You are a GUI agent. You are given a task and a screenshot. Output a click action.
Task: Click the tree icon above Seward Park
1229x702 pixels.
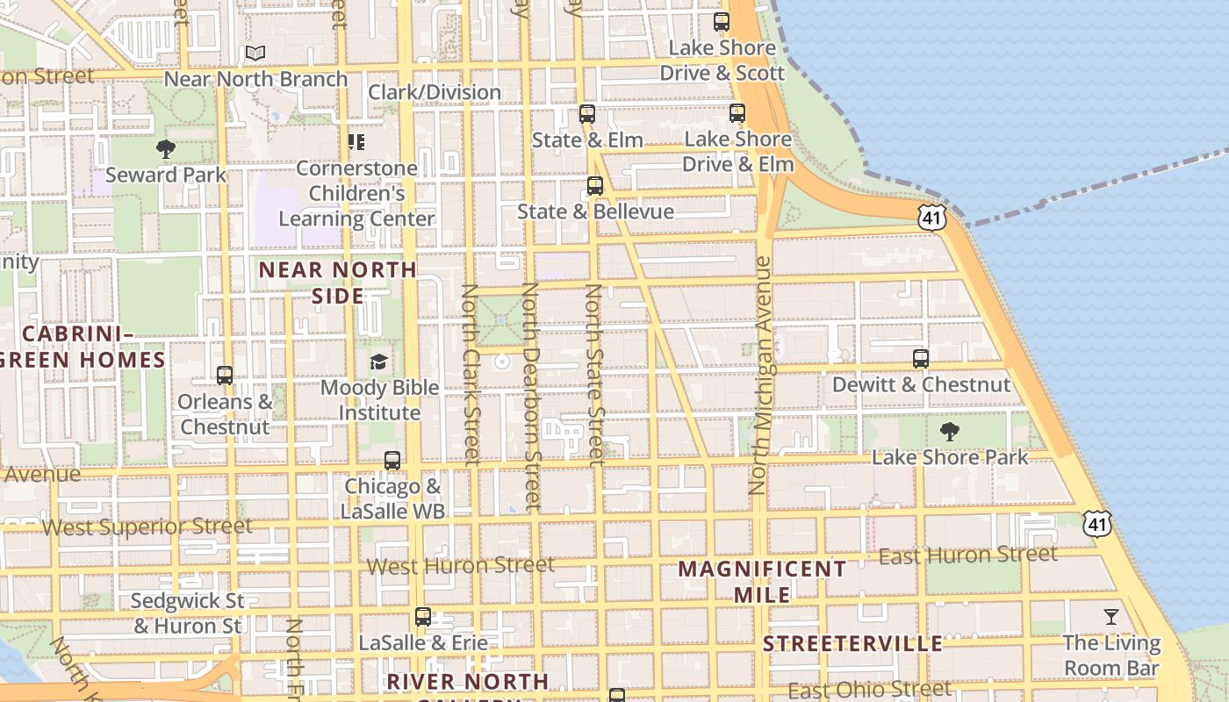coord(165,150)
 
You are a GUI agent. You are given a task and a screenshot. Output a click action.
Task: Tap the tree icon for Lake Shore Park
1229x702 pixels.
coord(949,432)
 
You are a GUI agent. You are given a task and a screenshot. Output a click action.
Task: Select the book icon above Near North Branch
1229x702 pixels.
coord(255,54)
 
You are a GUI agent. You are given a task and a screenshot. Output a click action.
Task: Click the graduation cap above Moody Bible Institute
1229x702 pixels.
coord(378,362)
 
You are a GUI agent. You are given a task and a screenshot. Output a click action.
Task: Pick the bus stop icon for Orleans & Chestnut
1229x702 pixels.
coord(225,376)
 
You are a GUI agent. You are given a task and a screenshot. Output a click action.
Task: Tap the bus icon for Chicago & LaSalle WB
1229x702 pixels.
coord(392,461)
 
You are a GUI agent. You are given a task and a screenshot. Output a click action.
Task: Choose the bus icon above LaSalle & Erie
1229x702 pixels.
coord(423,617)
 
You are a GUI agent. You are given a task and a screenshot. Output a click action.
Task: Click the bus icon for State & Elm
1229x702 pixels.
coord(587,114)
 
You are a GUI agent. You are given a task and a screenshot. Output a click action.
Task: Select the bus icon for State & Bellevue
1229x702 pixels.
coord(595,186)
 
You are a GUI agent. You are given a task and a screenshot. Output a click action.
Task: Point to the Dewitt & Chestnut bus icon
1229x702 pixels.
coord(921,358)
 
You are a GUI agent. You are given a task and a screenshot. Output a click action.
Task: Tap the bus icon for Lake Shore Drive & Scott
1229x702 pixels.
coord(722,22)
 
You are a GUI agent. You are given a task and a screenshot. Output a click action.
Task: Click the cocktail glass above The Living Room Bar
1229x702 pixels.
coord(1111,617)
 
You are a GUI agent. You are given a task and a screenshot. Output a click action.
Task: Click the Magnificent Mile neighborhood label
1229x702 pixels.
coord(762,581)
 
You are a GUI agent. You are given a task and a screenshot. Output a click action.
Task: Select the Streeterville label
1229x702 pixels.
coord(852,644)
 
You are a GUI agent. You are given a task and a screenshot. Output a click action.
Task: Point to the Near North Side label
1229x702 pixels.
coord(338,282)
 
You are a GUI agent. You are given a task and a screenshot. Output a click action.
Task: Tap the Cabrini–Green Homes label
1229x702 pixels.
coord(83,347)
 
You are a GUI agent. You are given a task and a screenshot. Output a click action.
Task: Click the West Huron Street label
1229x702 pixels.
coord(461,565)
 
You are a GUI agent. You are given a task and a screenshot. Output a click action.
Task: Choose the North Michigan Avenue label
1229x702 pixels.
coord(760,376)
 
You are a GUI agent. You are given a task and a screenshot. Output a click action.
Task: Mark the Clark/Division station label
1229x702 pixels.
coord(435,92)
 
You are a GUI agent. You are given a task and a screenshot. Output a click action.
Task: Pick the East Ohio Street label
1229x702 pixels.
coord(869,690)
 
